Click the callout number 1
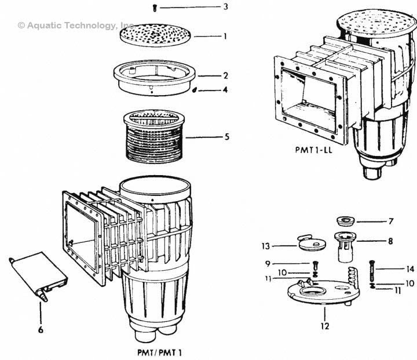pyautogui.click(x=226, y=36)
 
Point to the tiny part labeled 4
pyautogui.click(x=195, y=90)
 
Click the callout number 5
pyautogui.click(x=226, y=137)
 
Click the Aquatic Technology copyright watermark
pyautogui.click(x=76, y=26)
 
